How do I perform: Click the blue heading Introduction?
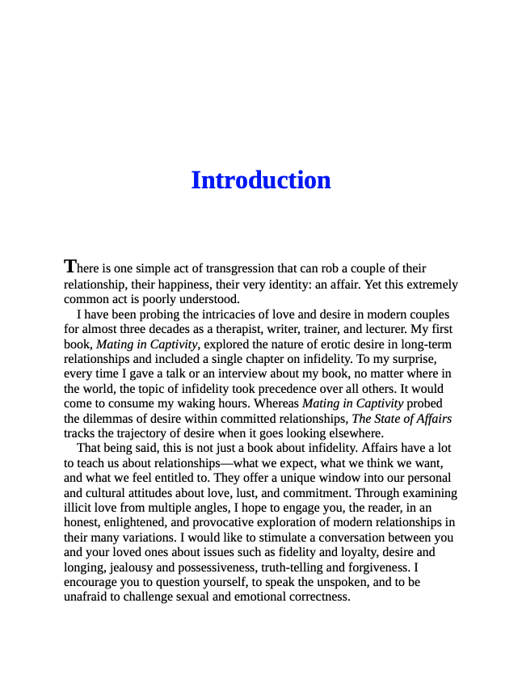[x=260, y=180]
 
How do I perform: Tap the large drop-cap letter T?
[x=70, y=266]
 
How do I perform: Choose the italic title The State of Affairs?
[x=402, y=418]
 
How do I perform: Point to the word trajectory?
[x=141, y=432]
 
